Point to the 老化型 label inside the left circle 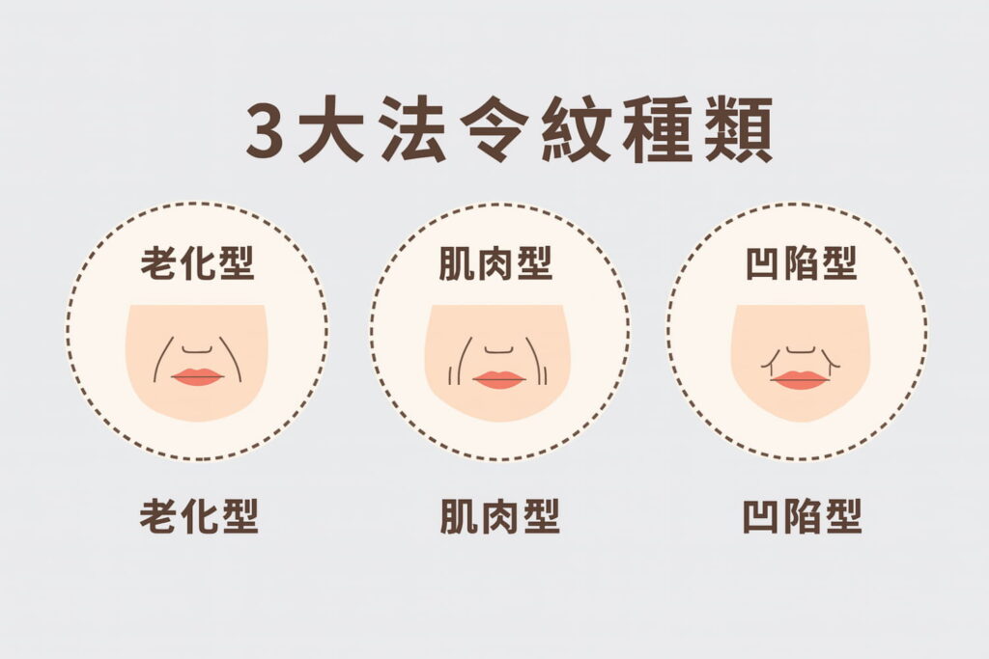pyautogui.click(x=197, y=262)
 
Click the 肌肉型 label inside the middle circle pyautogui.click(x=495, y=262)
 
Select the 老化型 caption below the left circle pyautogui.click(x=199, y=517)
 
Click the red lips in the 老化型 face pyautogui.click(x=197, y=376)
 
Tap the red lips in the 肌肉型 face pyautogui.click(x=498, y=379)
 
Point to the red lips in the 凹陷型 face pyautogui.click(x=800, y=380)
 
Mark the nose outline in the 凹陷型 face pyautogui.click(x=800, y=351)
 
